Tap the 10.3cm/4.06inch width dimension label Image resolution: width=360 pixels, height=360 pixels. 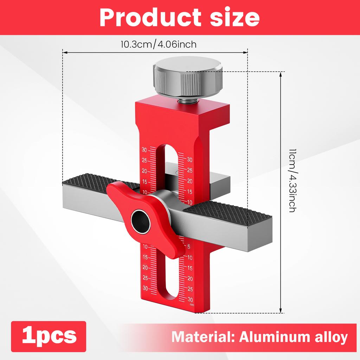(x=158, y=45)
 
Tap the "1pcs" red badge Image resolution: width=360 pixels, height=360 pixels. (x=49, y=335)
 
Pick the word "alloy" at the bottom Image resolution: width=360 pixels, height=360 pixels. (x=331, y=337)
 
